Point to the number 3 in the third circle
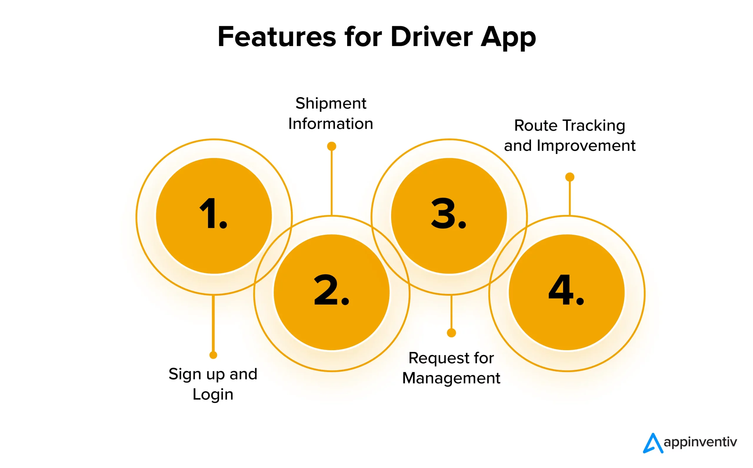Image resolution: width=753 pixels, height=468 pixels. click(444, 214)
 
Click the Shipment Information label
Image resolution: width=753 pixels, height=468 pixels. click(331, 113)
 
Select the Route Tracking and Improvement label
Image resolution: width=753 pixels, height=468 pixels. click(569, 135)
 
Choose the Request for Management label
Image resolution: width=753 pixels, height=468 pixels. click(451, 368)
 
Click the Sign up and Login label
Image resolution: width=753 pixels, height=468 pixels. click(213, 384)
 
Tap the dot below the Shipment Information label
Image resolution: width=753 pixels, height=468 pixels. click(331, 146)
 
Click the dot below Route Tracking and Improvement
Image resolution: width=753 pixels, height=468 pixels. click(570, 177)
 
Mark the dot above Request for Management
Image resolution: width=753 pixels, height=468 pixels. click(452, 333)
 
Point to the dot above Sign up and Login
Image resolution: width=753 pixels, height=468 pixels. click(213, 355)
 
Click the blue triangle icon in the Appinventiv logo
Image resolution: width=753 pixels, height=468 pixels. click(652, 443)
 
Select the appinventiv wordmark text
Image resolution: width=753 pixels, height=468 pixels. click(700, 442)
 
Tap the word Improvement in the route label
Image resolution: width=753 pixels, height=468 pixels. click(586, 146)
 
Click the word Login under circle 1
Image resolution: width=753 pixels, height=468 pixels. click(213, 394)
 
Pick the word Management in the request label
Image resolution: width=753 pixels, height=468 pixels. click(451, 378)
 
